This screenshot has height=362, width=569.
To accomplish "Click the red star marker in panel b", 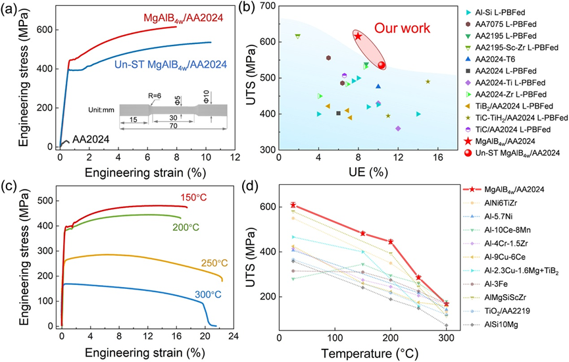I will point(358,36).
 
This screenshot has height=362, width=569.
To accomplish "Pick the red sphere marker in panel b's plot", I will point(382,65).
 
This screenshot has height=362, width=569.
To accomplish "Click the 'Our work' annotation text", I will point(402,28).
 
